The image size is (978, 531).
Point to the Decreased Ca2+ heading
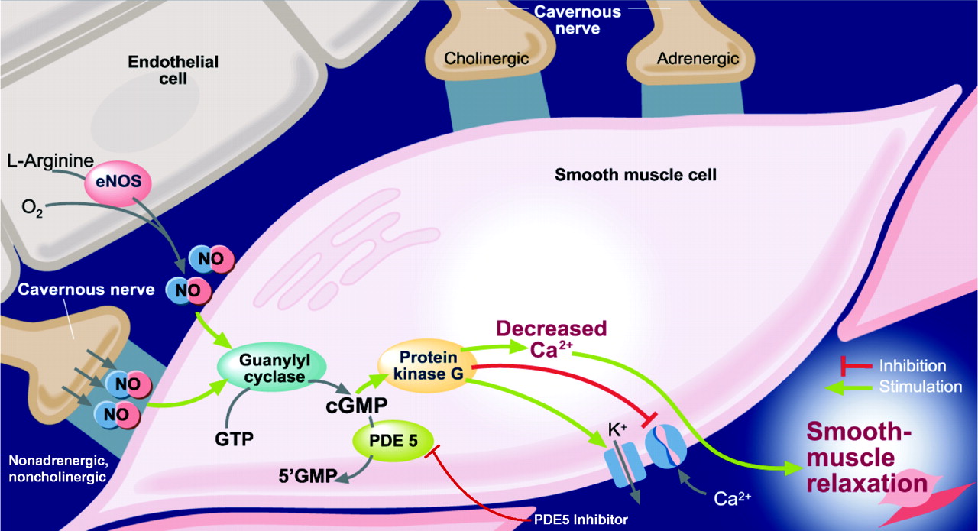551,338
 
